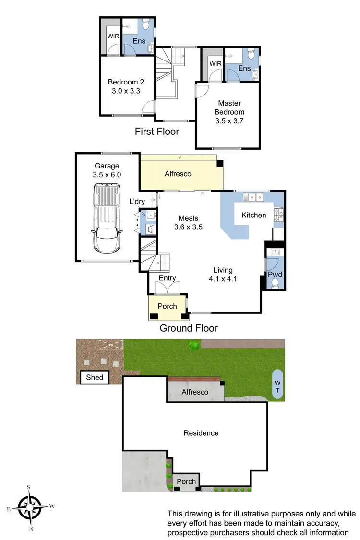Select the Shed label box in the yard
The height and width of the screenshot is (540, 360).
point(95,377)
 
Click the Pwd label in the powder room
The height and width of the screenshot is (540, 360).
point(275,275)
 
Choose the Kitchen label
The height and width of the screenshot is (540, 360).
point(253,215)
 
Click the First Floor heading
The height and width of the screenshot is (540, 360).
point(157,132)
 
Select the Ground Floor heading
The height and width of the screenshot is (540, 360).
point(189,328)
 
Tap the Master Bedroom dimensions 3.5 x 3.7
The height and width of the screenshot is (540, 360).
point(229,121)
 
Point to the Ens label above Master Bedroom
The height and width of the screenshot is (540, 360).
point(244,69)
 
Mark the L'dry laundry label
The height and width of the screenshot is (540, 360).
point(136,202)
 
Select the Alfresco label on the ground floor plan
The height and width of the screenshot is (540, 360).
point(178,174)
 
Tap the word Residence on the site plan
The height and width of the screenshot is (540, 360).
point(201,433)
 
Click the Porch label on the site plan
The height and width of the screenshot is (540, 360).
point(186,481)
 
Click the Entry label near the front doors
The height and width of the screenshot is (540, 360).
point(167,278)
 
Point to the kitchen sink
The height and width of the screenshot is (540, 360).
point(252,197)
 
